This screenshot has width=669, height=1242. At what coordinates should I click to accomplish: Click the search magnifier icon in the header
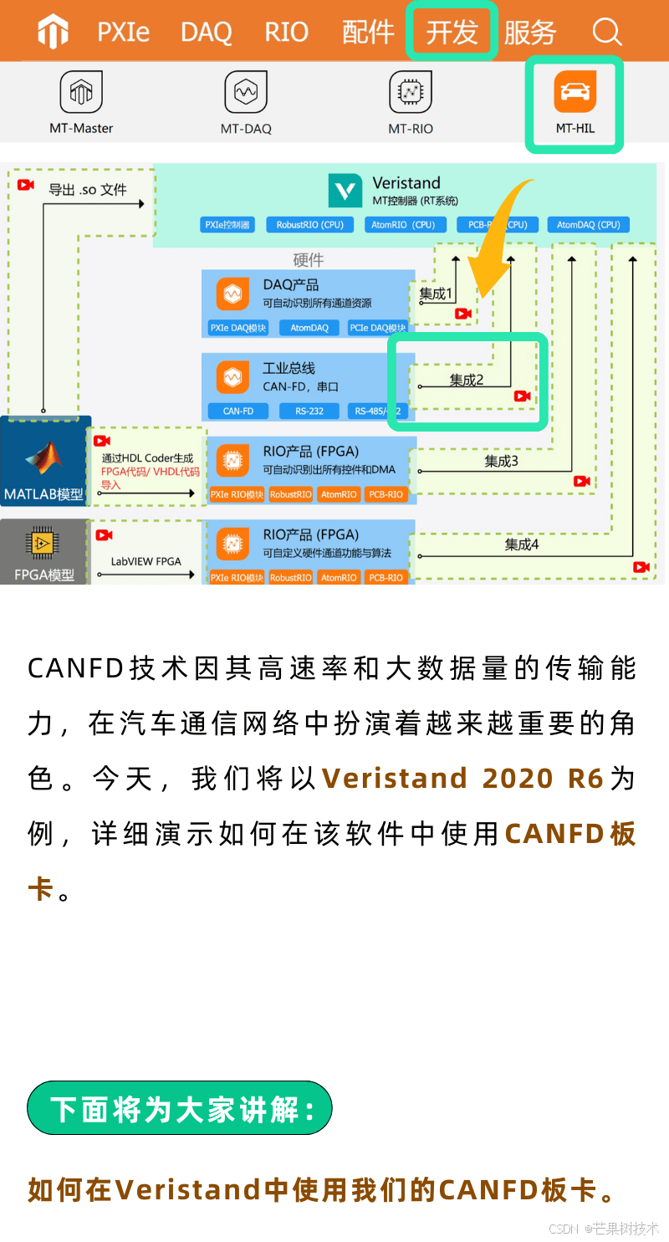(x=607, y=33)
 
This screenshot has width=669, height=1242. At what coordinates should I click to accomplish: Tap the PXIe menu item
(x=124, y=33)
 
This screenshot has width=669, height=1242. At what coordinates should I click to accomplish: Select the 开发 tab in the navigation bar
(x=452, y=33)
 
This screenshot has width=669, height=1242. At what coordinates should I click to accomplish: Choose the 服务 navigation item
(x=530, y=33)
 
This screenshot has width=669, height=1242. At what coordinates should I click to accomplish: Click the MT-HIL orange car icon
(x=575, y=92)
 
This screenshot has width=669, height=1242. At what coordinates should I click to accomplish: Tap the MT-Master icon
(x=81, y=92)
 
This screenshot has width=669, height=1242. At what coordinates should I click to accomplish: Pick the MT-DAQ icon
(x=246, y=92)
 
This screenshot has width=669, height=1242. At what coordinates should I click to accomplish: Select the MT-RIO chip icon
(x=411, y=92)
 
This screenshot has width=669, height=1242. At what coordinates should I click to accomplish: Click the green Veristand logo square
(x=345, y=192)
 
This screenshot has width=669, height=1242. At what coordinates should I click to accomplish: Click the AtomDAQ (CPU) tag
(x=589, y=225)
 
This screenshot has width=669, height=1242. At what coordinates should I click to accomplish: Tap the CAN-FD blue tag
(x=238, y=411)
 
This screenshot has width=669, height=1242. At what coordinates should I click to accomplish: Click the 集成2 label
(x=467, y=380)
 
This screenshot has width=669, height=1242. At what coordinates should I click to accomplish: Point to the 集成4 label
(x=522, y=544)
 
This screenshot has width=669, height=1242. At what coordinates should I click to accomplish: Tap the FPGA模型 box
(x=44, y=552)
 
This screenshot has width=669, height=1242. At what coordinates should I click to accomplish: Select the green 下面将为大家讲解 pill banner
(x=180, y=1108)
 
